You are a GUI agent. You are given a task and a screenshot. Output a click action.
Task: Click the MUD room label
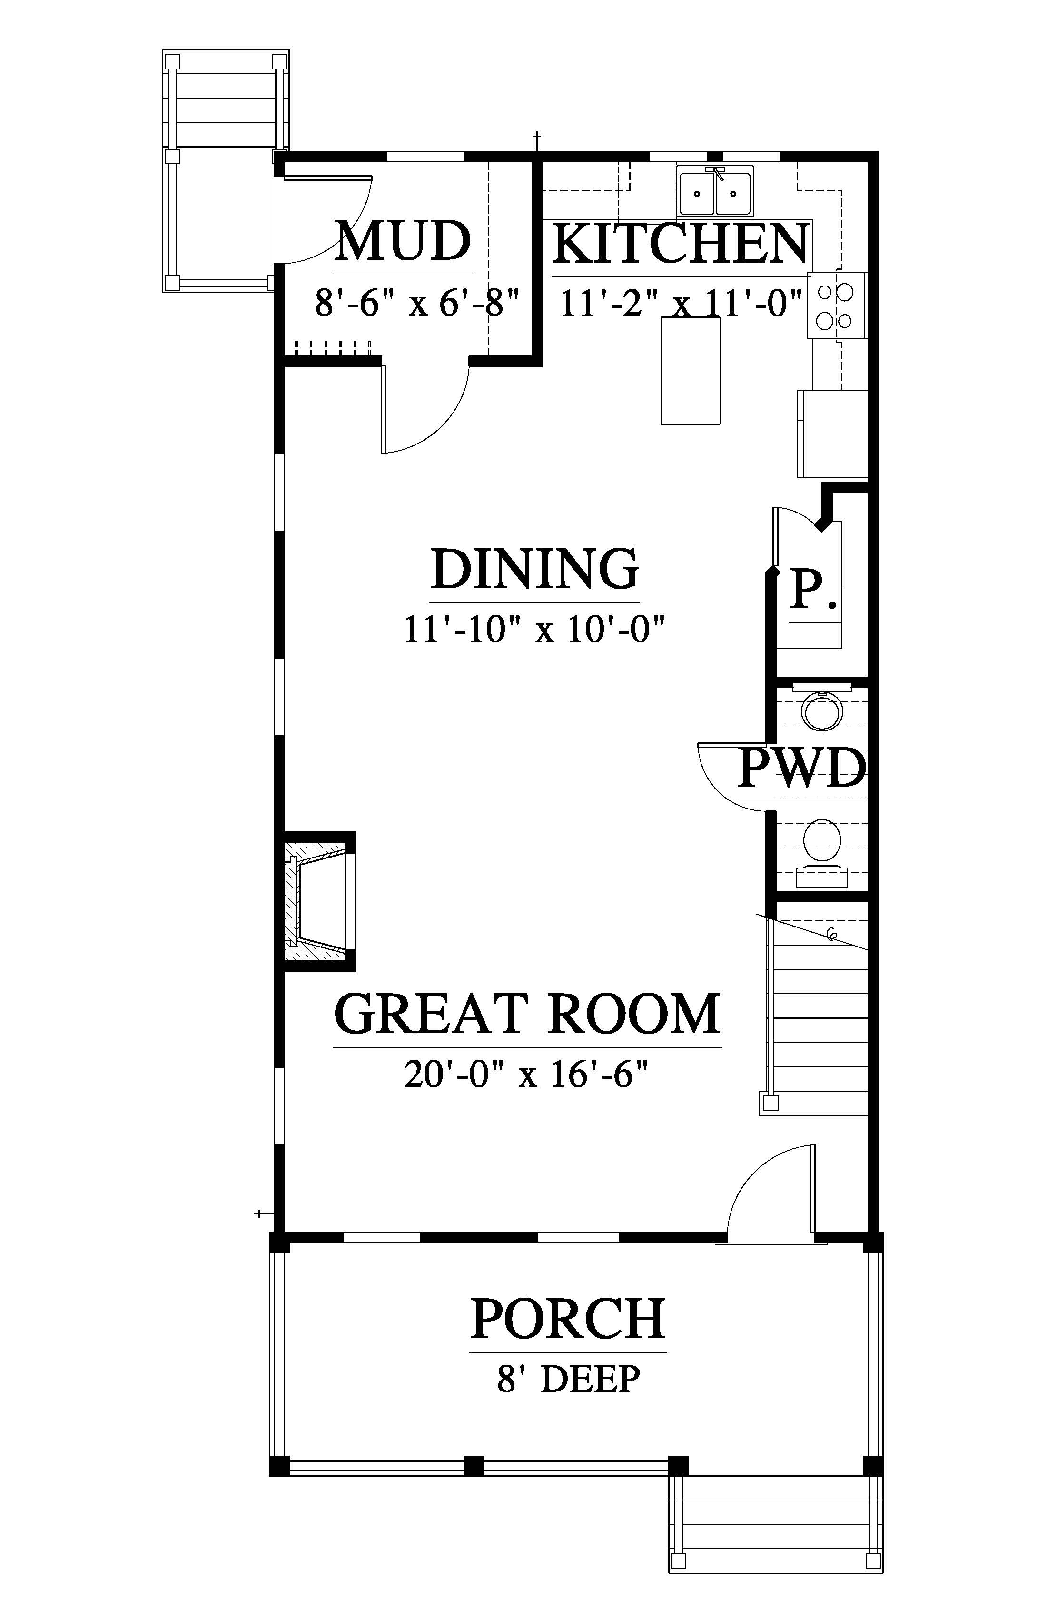click(x=403, y=241)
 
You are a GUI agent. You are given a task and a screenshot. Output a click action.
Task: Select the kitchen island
click(x=691, y=371)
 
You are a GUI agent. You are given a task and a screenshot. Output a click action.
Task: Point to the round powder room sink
click(x=822, y=712)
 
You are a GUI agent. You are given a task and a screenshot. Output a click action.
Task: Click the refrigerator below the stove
click(x=833, y=433)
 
